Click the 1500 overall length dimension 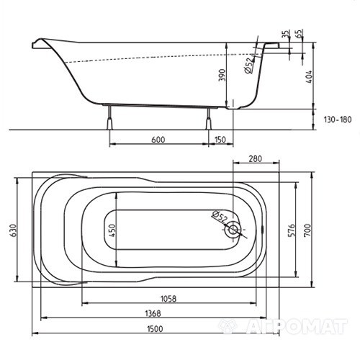click(x=155, y=328)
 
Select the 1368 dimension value click(x=153, y=313)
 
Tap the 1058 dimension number click(x=168, y=299)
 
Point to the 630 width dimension click(x=13, y=230)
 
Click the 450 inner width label click(x=112, y=230)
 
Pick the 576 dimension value click(x=291, y=230)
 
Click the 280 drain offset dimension click(x=255, y=158)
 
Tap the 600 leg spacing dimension click(x=158, y=140)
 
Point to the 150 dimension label click(x=220, y=140)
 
